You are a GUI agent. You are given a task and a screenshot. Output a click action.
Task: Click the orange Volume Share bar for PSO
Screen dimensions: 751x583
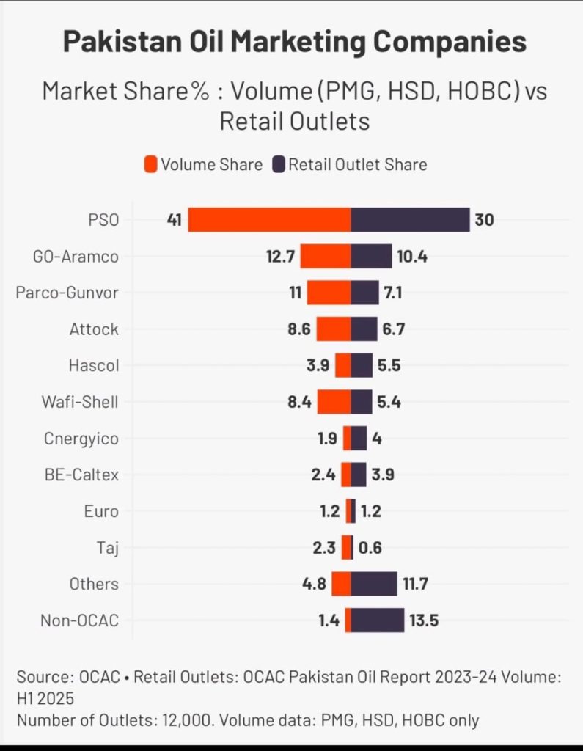[x=269, y=220]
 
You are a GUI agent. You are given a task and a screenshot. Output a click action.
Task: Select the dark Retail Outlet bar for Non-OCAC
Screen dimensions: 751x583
[x=378, y=620]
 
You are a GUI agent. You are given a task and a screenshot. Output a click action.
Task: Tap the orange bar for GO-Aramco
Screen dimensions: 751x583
[x=326, y=257]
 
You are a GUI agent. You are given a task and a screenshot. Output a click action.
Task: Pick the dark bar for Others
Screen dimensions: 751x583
[x=374, y=585]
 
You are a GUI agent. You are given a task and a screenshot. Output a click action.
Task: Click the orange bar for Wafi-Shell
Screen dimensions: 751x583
[x=334, y=402]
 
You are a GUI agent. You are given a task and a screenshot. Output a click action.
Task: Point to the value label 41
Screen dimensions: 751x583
[x=174, y=220]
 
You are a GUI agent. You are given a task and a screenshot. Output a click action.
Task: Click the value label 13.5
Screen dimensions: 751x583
[x=425, y=621]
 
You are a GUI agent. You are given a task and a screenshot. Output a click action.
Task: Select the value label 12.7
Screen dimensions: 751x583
[x=279, y=257]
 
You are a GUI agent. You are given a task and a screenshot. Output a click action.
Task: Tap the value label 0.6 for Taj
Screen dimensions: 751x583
[x=370, y=548]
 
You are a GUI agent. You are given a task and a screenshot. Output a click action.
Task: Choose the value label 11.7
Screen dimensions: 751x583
[x=415, y=585]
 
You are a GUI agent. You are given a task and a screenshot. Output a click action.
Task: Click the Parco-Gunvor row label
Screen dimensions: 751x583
[x=67, y=293]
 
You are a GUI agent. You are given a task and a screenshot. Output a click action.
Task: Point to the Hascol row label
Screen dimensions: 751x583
[x=93, y=366]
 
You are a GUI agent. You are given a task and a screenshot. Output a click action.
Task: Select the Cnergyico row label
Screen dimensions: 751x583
[x=81, y=439]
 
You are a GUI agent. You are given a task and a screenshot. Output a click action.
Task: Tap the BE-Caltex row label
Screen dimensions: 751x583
[x=81, y=475]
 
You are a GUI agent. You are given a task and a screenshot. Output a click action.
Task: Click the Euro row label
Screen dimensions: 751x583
[x=101, y=511]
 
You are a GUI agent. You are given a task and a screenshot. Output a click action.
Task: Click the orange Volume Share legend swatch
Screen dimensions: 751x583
[x=151, y=165]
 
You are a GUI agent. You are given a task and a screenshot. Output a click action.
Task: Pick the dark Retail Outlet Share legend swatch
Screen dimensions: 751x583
[x=279, y=165]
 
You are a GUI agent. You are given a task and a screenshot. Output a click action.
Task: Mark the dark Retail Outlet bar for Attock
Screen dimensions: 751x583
[x=364, y=329]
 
